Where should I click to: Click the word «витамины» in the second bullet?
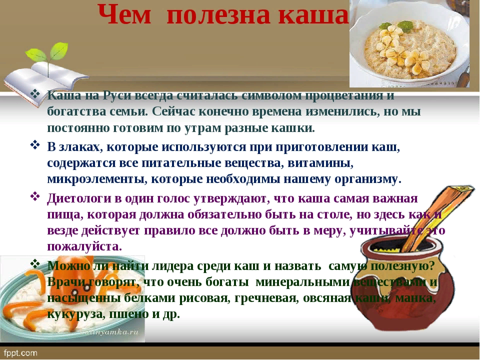pyautogui.click(x=321, y=163)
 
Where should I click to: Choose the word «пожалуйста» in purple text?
pyautogui.click(x=84, y=246)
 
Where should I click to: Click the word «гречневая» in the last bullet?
pyautogui.click(x=266, y=298)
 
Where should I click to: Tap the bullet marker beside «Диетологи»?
pyautogui.click(x=35, y=196)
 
